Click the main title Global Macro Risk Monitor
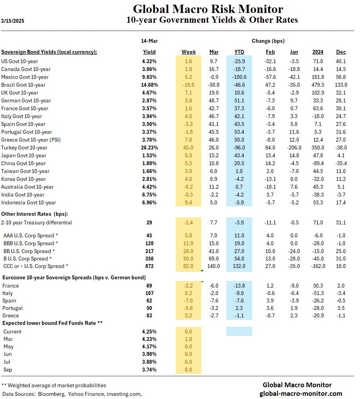(208, 9)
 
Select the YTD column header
(239, 52)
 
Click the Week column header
(189, 52)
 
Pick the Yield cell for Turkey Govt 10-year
(149, 148)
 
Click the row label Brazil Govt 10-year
(23, 85)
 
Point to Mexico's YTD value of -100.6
(238, 77)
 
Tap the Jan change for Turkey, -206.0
(294, 148)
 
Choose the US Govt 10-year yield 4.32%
(149, 61)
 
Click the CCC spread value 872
(149, 266)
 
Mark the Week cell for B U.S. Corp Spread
(189, 259)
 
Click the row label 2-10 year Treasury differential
(36, 222)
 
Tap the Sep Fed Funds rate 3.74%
(149, 370)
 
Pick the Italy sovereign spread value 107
(149, 293)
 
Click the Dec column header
(341, 52)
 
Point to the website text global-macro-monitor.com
(301, 393)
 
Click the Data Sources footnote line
(72, 393)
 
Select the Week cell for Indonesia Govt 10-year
(189, 202)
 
